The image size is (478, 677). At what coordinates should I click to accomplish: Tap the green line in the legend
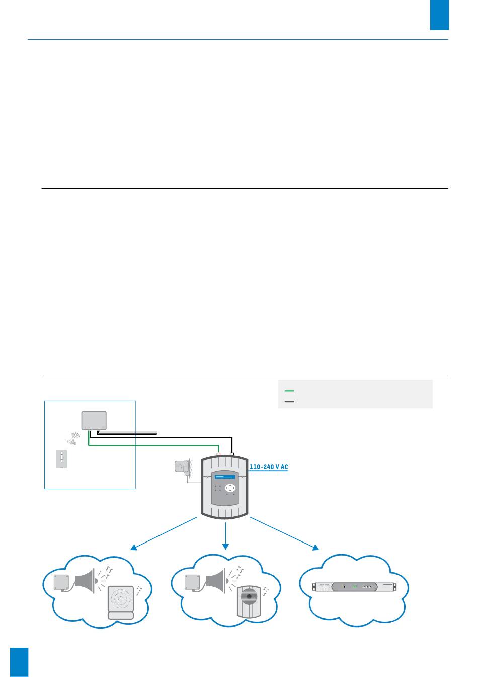289,391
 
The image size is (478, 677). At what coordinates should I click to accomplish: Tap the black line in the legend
289,401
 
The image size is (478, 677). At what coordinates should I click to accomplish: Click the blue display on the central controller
225,476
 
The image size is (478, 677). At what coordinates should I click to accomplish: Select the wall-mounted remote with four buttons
61,459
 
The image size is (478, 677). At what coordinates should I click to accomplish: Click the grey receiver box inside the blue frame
94,420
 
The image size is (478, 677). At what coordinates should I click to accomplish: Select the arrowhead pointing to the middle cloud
225,547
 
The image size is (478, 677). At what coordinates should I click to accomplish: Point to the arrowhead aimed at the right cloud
316,548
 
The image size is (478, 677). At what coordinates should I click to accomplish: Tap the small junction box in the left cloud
62,582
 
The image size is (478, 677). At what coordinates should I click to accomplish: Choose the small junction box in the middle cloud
193,582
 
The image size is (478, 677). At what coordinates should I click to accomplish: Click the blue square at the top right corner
439,15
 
